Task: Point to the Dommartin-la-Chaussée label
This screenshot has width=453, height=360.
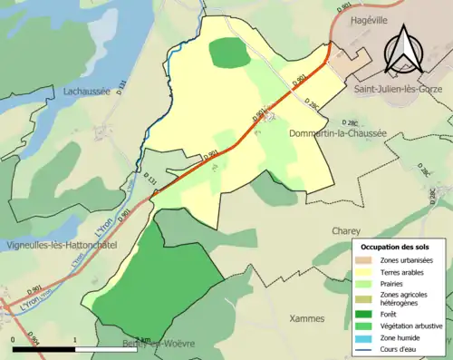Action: (336, 133)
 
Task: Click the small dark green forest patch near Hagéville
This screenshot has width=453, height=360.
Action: (229, 53)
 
